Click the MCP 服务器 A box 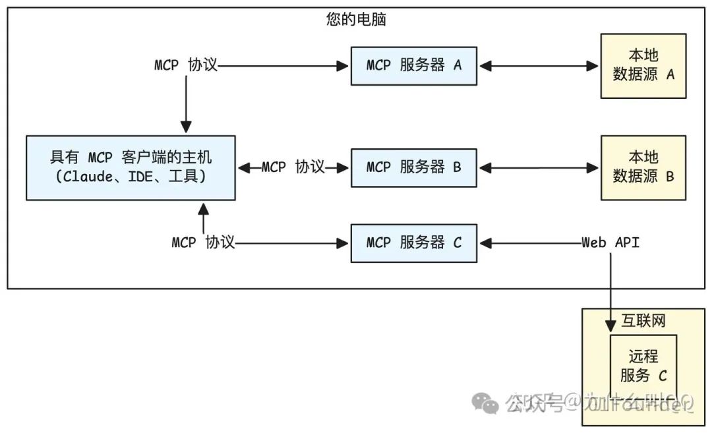tap(413, 65)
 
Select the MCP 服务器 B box tap(413, 167)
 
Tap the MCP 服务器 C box tap(413, 243)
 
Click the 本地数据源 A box tap(643, 65)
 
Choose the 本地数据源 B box tap(643, 167)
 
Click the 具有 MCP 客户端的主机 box tap(131, 167)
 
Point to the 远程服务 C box tap(643, 366)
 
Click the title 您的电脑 tap(356, 20)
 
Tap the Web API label tap(610, 243)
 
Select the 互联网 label tap(643, 321)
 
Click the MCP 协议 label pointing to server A tap(185, 65)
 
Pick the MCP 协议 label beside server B tap(293, 167)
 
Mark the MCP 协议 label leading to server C tap(203, 243)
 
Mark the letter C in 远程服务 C tap(662, 376)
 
